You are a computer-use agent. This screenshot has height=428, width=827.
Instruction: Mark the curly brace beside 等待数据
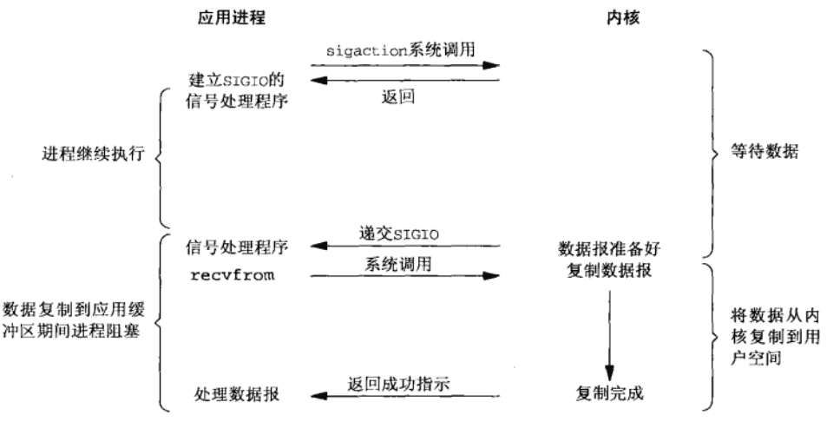click(x=712, y=153)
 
